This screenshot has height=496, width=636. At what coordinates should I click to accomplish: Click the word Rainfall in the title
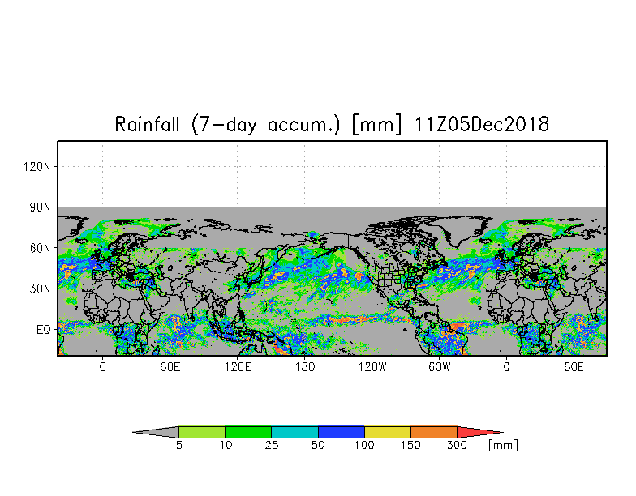point(147,124)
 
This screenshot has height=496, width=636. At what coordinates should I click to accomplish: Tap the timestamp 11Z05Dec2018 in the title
point(482,124)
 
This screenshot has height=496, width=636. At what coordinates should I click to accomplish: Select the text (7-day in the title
point(224,125)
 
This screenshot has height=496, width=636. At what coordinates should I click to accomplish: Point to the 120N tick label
point(37,167)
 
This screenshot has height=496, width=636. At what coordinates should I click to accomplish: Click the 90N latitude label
point(41,207)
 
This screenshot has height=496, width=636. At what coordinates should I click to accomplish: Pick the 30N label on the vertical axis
point(41,289)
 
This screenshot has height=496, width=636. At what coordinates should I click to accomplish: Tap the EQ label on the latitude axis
point(44,330)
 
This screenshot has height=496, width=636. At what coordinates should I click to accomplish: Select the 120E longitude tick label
point(238,367)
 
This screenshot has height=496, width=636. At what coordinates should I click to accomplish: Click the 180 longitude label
point(305,367)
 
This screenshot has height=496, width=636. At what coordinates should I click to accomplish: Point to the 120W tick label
point(372,367)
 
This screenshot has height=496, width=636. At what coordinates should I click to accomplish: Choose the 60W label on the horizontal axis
point(440,367)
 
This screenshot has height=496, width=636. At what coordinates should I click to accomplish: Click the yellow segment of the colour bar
point(388,432)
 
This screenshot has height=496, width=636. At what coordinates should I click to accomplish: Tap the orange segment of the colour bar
point(433,432)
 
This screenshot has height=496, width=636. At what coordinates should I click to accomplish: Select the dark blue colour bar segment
point(341,432)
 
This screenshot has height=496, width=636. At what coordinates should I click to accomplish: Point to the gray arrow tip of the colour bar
point(156,432)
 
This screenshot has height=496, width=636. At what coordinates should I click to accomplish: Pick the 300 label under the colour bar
point(457,445)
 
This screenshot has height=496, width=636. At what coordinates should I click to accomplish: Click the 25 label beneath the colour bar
point(272,445)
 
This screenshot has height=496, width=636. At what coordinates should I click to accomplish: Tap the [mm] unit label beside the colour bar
point(503,446)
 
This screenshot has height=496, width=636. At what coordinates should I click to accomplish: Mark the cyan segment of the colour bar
point(295,432)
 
